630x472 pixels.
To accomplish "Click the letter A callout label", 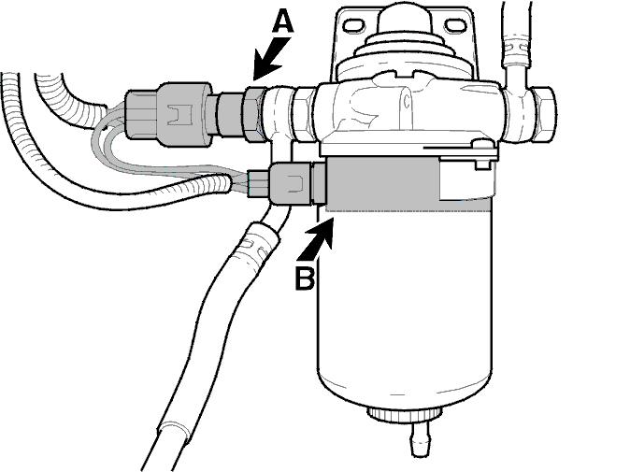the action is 283,21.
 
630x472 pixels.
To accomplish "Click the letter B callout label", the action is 305,278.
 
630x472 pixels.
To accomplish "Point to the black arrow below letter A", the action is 272,58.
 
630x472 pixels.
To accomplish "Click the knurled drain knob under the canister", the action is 405,415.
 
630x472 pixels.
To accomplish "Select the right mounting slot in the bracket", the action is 455,25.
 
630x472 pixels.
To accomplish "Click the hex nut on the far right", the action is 544,114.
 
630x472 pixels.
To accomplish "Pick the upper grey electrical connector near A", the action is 169,114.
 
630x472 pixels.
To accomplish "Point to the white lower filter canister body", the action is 405,306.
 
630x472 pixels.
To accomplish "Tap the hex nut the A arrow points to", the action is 254,113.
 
